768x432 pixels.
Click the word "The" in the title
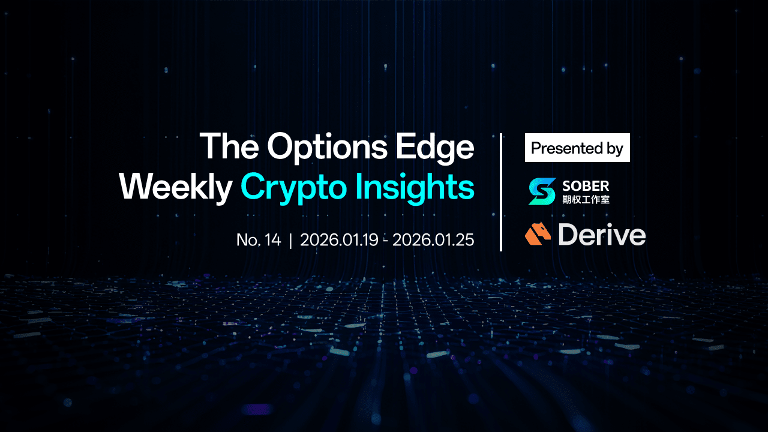point(229,146)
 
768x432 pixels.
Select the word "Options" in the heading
point(328,148)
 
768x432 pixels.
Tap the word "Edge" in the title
point(435,148)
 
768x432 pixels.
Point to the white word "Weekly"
point(176,188)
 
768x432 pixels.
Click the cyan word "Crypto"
point(295,188)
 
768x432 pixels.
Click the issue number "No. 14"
point(259,239)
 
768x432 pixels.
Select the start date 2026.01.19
point(340,239)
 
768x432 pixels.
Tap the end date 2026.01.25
point(433,239)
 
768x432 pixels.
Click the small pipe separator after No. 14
point(291,240)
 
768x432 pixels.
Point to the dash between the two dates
point(386,241)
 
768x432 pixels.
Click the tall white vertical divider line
point(501,193)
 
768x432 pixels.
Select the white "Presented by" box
point(577,148)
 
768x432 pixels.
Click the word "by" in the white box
point(614,149)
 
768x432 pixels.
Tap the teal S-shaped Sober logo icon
point(542,191)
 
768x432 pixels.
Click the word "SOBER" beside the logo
point(586,186)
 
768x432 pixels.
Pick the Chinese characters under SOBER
point(586,199)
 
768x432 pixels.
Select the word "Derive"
point(602,235)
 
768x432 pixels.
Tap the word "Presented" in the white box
point(567,148)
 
